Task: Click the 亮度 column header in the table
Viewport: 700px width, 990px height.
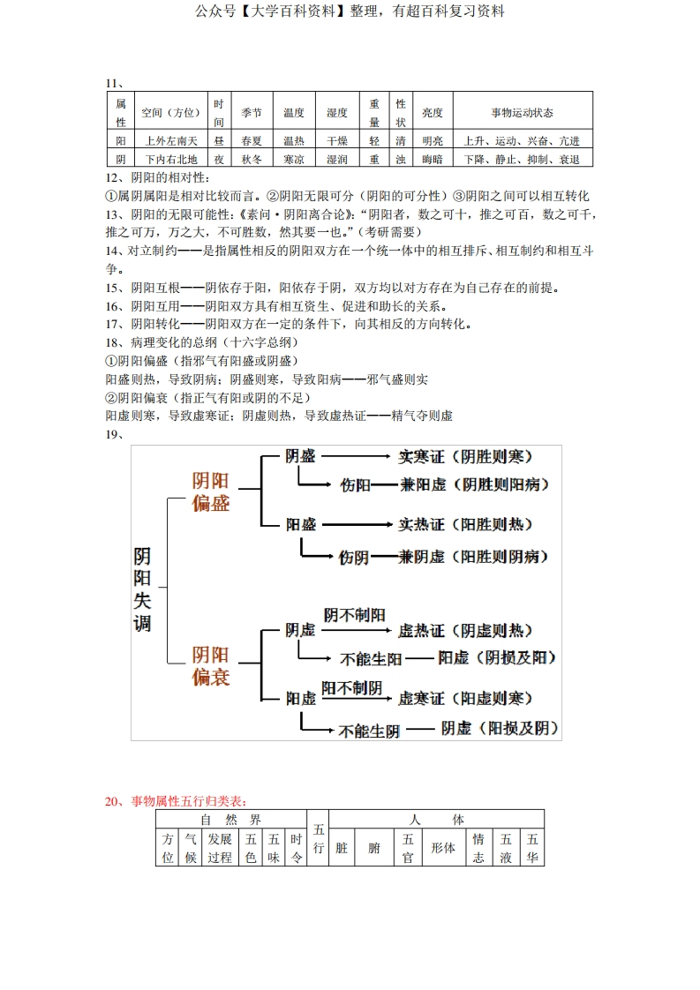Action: (433, 113)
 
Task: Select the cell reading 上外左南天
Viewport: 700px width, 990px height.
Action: (171, 141)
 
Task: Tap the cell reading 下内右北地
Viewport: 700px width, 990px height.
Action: (171, 160)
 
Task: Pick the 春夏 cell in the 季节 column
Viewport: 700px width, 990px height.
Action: (252, 141)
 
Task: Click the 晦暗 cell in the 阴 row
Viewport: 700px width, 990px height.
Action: (433, 160)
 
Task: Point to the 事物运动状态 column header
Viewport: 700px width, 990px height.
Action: (523, 113)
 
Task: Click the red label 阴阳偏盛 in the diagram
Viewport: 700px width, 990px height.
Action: (211, 491)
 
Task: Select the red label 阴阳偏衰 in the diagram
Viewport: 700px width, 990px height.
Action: (211, 666)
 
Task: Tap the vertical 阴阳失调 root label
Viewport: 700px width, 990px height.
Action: (142, 589)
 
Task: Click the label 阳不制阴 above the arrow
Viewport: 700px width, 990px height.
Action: (351, 687)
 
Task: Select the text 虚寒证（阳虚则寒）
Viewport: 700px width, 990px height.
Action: (465, 698)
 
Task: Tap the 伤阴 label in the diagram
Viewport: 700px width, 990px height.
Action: (355, 557)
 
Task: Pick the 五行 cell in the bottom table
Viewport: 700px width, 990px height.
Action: (319, 839)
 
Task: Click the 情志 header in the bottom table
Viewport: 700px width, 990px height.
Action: (478, 848)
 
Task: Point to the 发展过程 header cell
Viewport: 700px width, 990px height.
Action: (220, 848)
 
